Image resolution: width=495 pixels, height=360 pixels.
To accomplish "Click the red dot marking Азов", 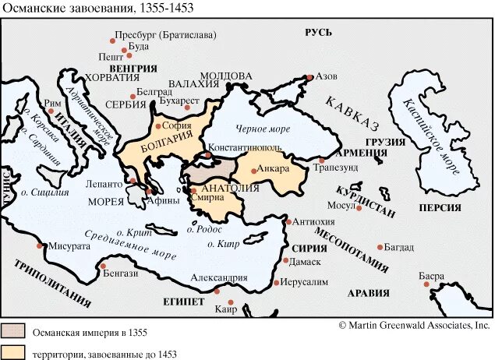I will (310, 76).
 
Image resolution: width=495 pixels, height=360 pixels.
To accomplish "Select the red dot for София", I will (158, 125).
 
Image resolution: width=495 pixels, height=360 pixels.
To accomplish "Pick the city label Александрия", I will (221, 277).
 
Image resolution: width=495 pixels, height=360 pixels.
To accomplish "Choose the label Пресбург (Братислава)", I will (165, 35).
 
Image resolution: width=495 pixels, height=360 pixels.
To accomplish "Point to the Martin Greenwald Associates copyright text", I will (414, 324).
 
